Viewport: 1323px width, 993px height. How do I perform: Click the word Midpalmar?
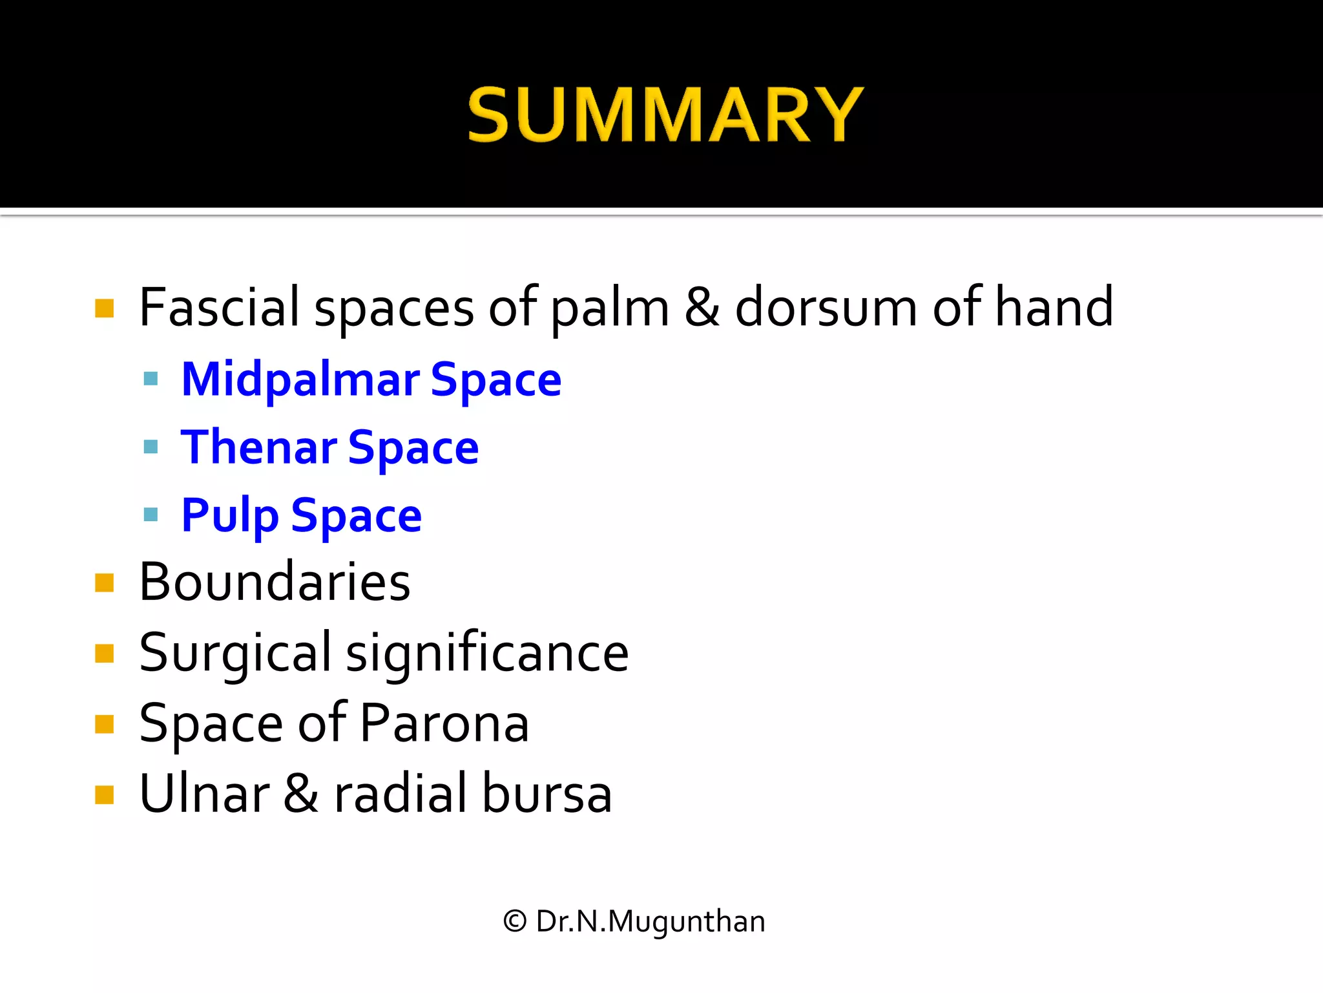pyautogui.click(x=300, y=379)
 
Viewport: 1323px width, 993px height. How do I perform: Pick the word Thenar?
pyautogui.click(x=258, y=447)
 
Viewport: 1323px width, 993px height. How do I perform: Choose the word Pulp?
pyautogui.click(x=230, y=516)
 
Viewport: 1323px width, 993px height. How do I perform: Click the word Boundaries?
pyautogui.click(x=275, y=582)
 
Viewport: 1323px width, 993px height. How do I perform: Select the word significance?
pyautogui.click(x=487, y=653)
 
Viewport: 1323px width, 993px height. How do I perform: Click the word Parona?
pyautogui.click(x=444, y=723)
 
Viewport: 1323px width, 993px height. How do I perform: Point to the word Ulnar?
pyautogui.click(x=204, y=793)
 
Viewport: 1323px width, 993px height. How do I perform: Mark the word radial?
pyautogui.click(x=401, y=793)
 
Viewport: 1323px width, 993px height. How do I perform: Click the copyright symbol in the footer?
pyautogui.click(x=515, y=921)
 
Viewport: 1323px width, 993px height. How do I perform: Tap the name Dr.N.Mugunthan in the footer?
pyautogui.click(x=650, y=921)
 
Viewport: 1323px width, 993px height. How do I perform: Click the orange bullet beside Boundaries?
pyautogui.click(x=104, y=582)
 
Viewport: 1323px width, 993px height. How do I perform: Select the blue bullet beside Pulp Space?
pyautogui.click(x=151, y=515)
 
